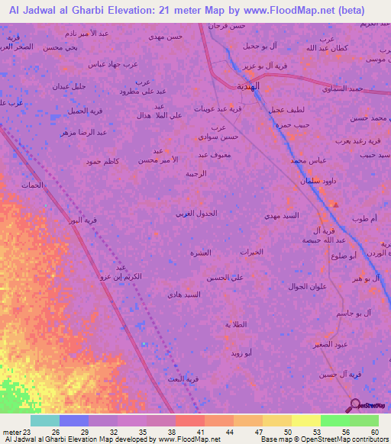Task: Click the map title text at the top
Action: (x=186, y=10)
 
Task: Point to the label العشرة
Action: (x=200, y=252)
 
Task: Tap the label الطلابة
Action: (x=238, y=324)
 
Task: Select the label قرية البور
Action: (x=84, y=220)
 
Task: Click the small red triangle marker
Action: (x=334, y=204)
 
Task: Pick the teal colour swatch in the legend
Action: (x=45, y=420)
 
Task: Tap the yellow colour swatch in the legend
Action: (x=305, y=420)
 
